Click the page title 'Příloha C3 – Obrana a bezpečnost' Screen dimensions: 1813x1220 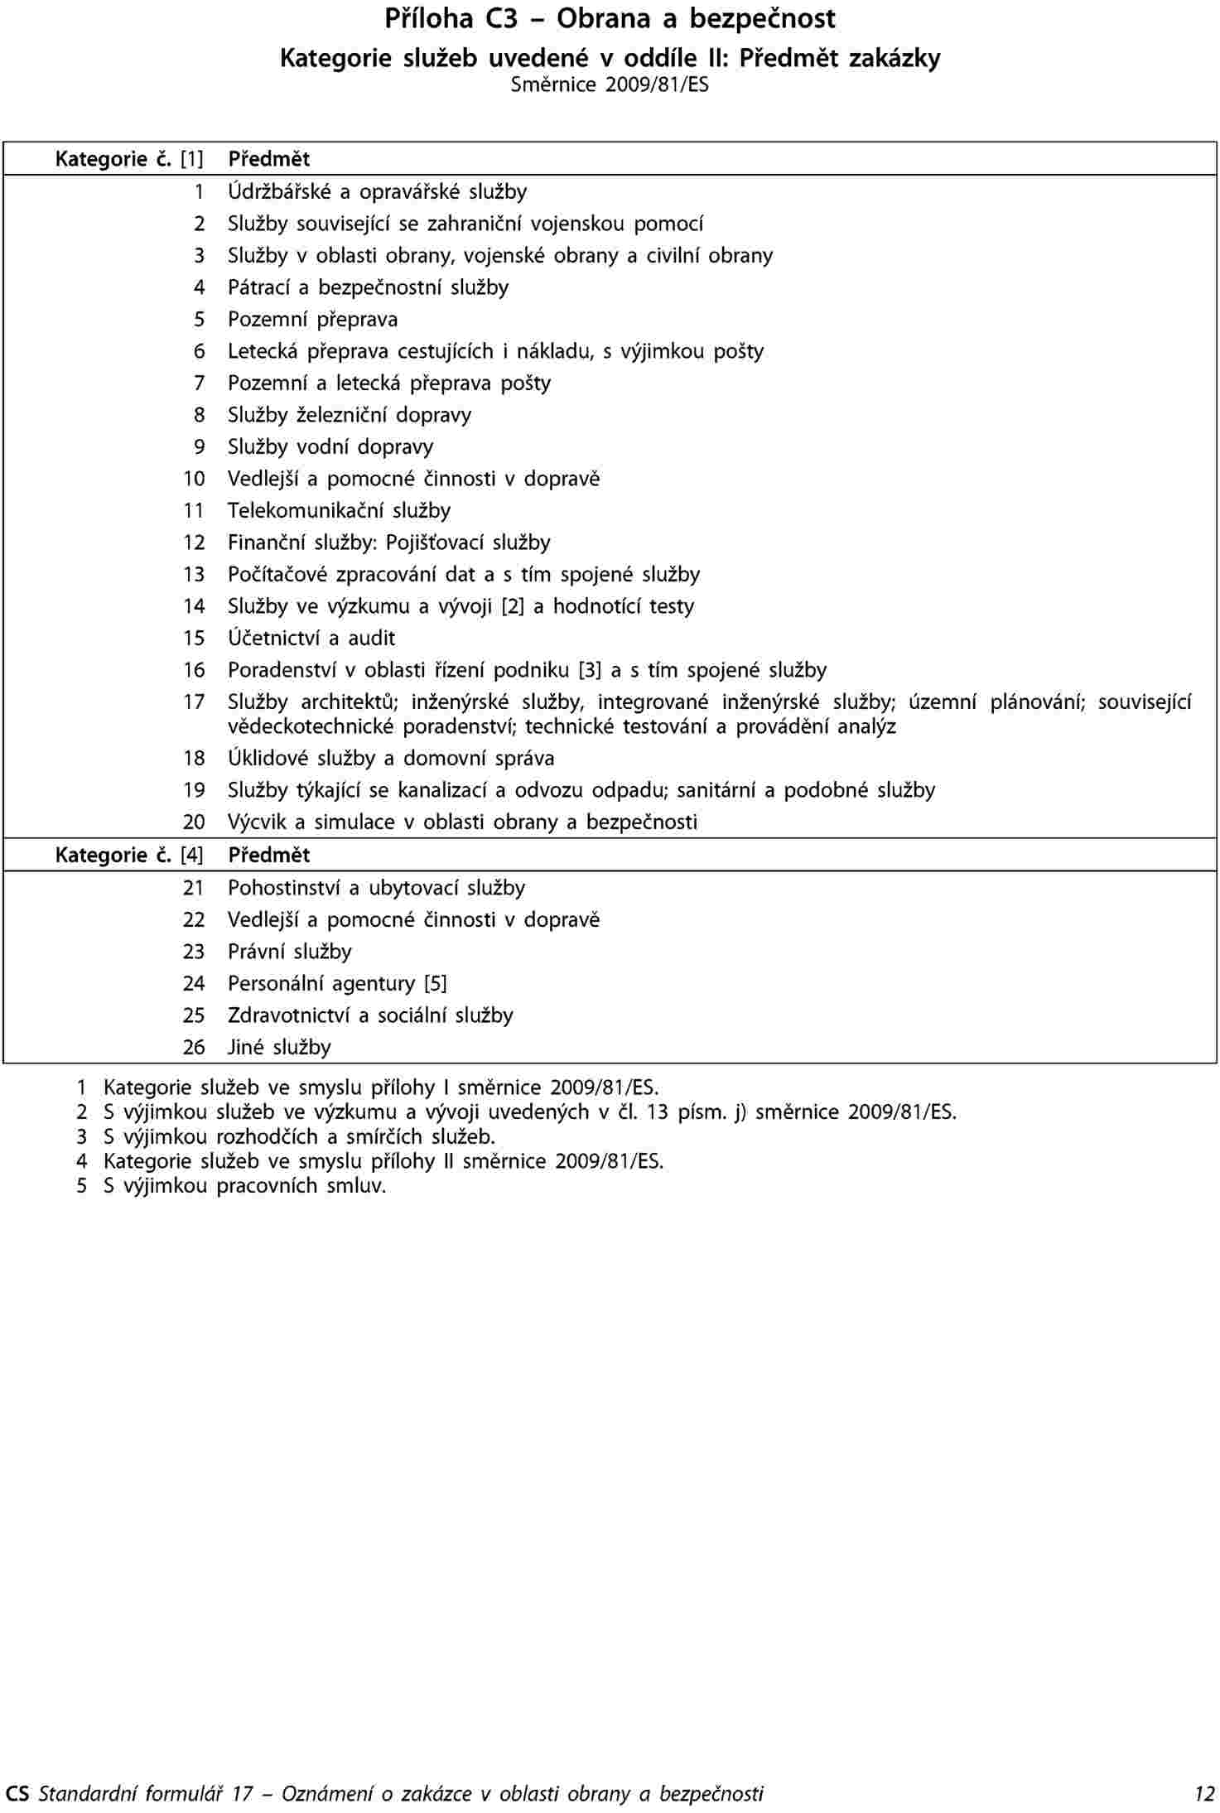click(x=610, y=19)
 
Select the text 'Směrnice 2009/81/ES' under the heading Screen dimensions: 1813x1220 click(x=610, y=84)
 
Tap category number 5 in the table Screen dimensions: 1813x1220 click(x=199, y=320)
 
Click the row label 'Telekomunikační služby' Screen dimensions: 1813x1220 click(x=340, y=511)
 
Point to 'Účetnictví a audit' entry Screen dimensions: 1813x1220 click(x=311, y=639)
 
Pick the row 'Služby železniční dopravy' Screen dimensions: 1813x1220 click(x=350, y=415)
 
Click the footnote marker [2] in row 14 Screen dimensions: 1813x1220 click(x=513, y=607)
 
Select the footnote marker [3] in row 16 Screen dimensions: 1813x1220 click(x=590, y=671)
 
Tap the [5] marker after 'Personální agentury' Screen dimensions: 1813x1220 click(x=435, y=984)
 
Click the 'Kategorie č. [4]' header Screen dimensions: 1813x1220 click(x=129, y=856)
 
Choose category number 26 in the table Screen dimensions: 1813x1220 click(x=194, y=1048)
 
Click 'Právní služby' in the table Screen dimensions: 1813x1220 click(x=290, y=952)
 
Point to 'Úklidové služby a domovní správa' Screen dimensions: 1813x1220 click(x=391, y=759)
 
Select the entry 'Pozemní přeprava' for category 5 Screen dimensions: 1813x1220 click(x=313, y=320)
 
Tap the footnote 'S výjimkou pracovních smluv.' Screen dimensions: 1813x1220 click(x=244, y=1185)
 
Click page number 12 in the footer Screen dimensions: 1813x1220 click(x=1203, y=1794)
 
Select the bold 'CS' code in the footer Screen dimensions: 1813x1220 click(x=17, y=1794)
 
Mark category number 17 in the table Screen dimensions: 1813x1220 click(x=194, y=702)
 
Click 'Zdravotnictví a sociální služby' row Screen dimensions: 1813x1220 click(x=370, y=1016)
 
